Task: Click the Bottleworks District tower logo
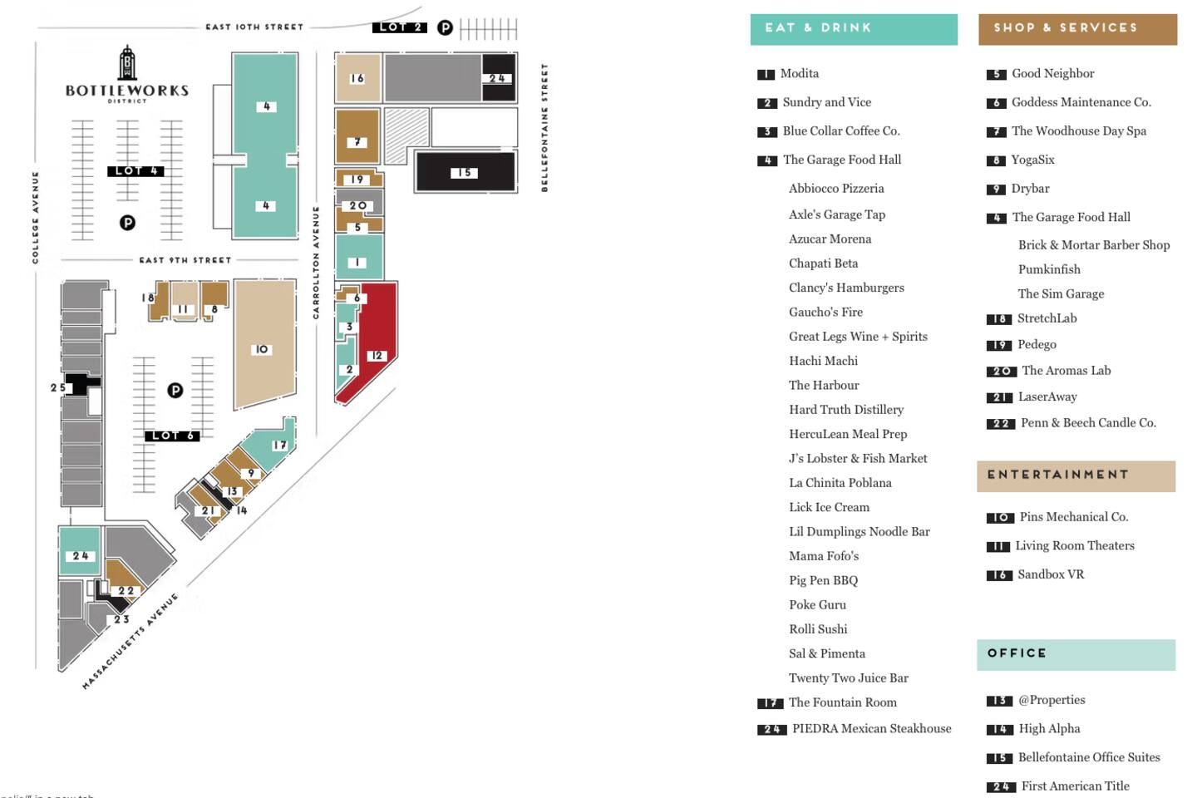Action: click(x=127, y=65)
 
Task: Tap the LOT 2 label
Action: click(x=400, y=27)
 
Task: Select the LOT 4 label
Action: click(x=135, y=171)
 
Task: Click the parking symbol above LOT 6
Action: click(x=175, y=390)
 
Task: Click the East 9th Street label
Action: click(x=185, y=260)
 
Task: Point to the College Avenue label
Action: click(x=35, y=218)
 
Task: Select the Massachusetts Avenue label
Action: click(x=131, y=641)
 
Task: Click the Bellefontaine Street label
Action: click(x=544, y=127)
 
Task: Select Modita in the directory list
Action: click(x=799, y=74)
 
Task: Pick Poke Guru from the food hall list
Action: click(x=817, y=605)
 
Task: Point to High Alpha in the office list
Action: click(x=1049, y=729)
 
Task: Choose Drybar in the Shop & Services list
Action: click(x=1030, y=189)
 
